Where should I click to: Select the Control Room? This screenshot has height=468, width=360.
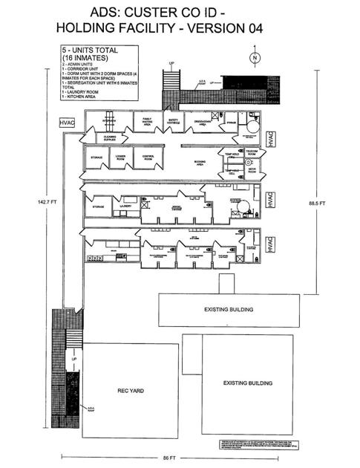148,157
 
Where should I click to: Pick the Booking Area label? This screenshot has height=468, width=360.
199,164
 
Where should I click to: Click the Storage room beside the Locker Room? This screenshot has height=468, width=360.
96,157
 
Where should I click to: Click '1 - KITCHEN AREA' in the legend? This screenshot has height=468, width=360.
79,98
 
